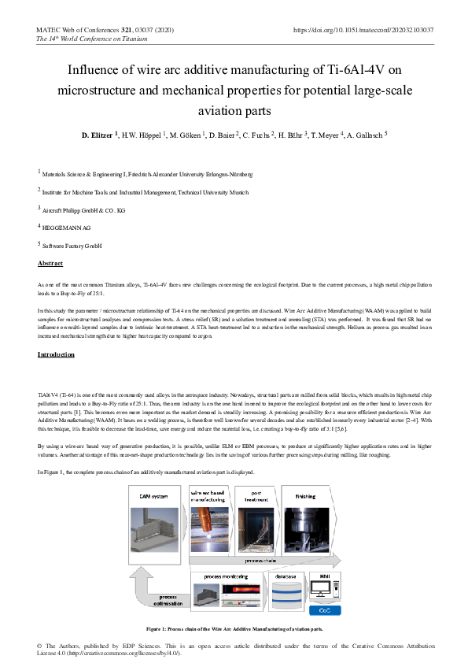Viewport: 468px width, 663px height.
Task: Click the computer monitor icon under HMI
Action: point(322,590)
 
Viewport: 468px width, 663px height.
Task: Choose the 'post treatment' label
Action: point(253,496)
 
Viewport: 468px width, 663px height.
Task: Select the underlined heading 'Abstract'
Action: point(50,263)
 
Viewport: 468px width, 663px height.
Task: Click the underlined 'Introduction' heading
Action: point(57,355)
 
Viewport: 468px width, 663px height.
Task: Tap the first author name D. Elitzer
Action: point(98,135)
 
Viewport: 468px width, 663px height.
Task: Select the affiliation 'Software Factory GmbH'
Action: point(73,246)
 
